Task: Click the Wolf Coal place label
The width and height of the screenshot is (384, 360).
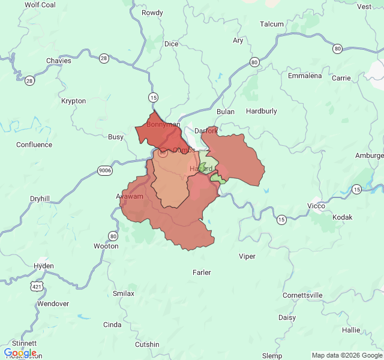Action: [40, 5]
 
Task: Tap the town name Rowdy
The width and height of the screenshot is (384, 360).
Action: [152, 13]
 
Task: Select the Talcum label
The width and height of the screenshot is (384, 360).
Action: [271, 24]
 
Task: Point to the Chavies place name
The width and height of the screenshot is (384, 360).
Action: [59, 61]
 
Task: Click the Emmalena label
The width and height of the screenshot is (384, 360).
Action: [305, 76]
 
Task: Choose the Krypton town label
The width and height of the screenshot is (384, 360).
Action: [73, 101]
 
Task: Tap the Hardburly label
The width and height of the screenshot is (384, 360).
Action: [262, 111]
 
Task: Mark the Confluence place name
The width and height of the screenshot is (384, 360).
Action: [34, 145]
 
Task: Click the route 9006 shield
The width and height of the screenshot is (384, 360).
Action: [105, 170]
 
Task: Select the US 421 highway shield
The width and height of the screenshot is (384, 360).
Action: [38, 287]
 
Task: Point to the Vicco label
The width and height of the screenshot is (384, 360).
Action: [316, 206]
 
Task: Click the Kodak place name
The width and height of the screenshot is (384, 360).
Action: [343, 217]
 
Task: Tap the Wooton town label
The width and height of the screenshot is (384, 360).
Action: [106, 246]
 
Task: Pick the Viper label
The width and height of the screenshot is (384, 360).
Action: [247, 256]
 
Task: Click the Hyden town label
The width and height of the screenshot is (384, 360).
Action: [44, 266]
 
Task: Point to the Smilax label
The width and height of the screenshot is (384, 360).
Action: [124, 293]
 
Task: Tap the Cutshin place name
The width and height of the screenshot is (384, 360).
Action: [147, 344]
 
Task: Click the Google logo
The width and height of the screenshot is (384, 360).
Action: [20, 353]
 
